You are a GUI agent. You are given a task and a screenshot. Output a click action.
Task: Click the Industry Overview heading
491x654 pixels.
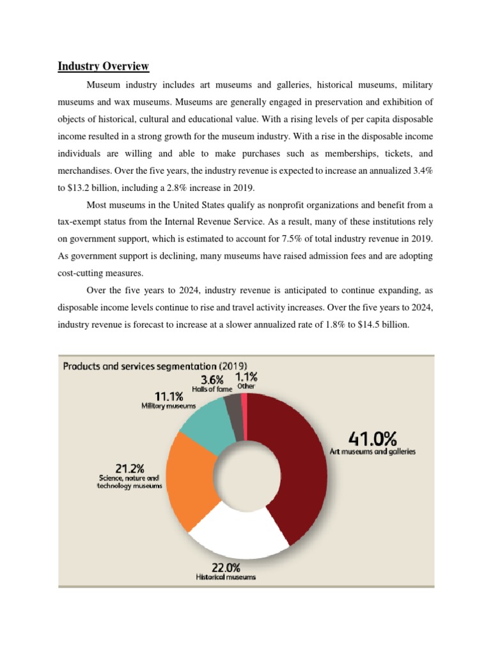coord(103,66)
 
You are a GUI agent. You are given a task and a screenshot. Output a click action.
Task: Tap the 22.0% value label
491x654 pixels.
coord(226,567)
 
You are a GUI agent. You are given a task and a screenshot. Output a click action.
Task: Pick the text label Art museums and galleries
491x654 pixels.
coord(372,452)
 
